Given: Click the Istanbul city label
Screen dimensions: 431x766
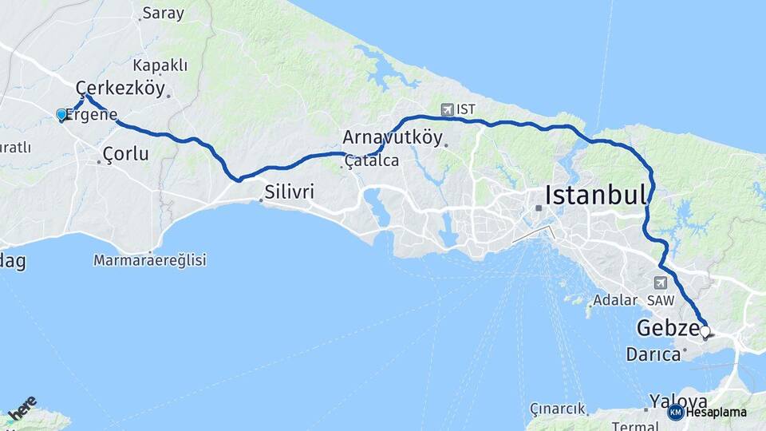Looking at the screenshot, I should [594, 194].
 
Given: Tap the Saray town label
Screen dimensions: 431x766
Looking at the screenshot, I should [163, 13].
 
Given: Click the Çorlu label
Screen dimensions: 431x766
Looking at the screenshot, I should [125, 153].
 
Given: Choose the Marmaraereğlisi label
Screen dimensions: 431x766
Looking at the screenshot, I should [150, 260].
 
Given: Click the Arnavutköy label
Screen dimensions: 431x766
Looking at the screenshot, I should [393, 136].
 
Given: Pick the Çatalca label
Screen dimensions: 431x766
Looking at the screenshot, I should [372, 161].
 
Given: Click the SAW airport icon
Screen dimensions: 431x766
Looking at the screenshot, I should [660, 283].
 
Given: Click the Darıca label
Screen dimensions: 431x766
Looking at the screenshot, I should [653, 354].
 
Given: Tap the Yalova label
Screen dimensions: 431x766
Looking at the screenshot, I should [678, 401].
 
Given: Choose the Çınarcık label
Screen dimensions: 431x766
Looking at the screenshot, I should [557, 409].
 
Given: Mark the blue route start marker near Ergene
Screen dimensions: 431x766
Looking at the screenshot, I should [61, 115].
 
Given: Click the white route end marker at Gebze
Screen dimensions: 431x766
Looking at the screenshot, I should [705, 330].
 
